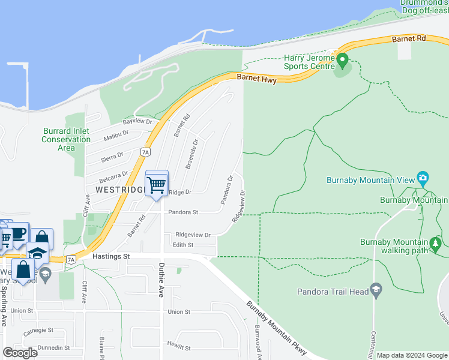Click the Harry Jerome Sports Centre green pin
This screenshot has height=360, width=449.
click(342, 60)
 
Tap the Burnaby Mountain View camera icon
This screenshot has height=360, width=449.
click(423, 178)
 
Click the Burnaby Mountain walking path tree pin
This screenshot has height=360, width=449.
click(436, 243)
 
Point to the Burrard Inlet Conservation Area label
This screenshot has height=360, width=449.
click(66, 139)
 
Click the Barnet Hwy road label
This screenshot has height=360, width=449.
click(257, 78)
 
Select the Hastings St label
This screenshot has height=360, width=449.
click(112, 256)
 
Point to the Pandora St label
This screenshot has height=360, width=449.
click(183, 212)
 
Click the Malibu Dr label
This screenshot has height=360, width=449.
click(116, 136)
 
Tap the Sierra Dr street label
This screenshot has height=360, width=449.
click(112, 157)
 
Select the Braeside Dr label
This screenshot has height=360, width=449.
click(191, 155)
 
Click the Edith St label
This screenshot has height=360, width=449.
click(183, 245)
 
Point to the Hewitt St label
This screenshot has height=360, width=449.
click(179, 347)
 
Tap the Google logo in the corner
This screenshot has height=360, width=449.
click(20, 353)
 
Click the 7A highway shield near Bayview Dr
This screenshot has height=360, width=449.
click(145, 152)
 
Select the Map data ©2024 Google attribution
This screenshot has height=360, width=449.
click(412, 355)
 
